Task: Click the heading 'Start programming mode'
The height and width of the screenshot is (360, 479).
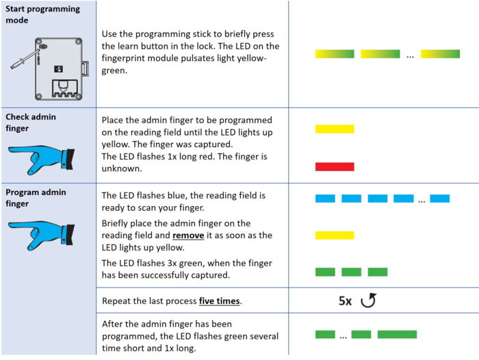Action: (42, 14)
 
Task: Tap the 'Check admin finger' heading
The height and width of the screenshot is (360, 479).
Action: (31, 123)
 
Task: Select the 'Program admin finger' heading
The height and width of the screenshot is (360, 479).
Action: (36, 198)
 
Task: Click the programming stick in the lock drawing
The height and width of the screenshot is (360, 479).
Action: (27, 57)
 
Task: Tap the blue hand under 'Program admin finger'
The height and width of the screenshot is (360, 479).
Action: (41, 235)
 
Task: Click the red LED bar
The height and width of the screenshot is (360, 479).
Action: (335, 166)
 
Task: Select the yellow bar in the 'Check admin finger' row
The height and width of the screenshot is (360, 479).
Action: (335, 129)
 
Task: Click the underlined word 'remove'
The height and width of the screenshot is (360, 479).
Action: (188, 235)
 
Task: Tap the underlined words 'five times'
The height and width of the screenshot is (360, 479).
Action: (220, 301)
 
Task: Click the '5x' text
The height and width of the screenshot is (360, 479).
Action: (345, 301)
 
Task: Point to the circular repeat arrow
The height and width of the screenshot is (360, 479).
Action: (368, 300)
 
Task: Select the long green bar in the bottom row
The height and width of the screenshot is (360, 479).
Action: (397, 334)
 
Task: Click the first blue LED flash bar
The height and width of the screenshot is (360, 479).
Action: (325, 198)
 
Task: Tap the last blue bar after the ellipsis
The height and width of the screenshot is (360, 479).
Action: (439, 198)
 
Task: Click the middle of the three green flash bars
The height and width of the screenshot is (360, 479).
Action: (351, 272)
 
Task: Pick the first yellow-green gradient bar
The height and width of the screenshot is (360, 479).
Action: (335, 54)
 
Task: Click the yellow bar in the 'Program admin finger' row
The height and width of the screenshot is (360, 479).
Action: (335, 235)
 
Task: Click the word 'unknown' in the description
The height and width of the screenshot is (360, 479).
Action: (121, 168)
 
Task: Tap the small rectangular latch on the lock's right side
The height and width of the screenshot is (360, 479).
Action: (86, 68)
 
